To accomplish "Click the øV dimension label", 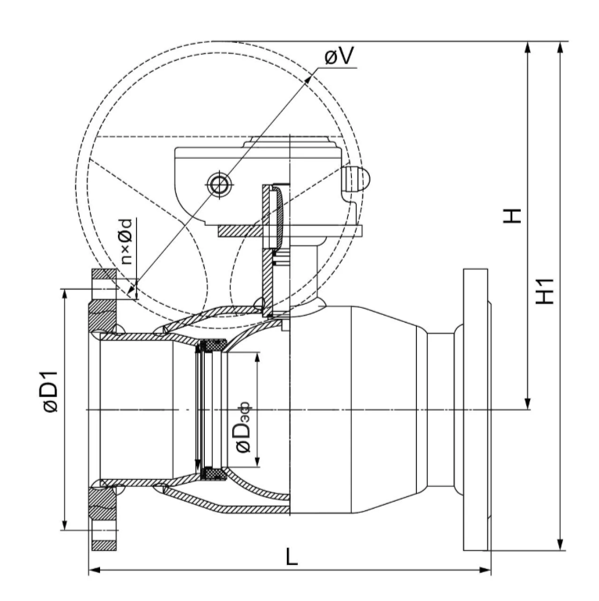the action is [x=339, y=56].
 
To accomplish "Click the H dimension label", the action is [x=513, y=216].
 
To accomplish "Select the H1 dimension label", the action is [x=545, y=292].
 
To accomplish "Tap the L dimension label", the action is [x=292, y=557].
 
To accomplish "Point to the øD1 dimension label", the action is [x=50, y=392].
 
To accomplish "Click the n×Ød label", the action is [x=126, y=241].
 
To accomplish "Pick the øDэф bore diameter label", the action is [x=242, y=427].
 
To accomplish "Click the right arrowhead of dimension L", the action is [x=485, y=570].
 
